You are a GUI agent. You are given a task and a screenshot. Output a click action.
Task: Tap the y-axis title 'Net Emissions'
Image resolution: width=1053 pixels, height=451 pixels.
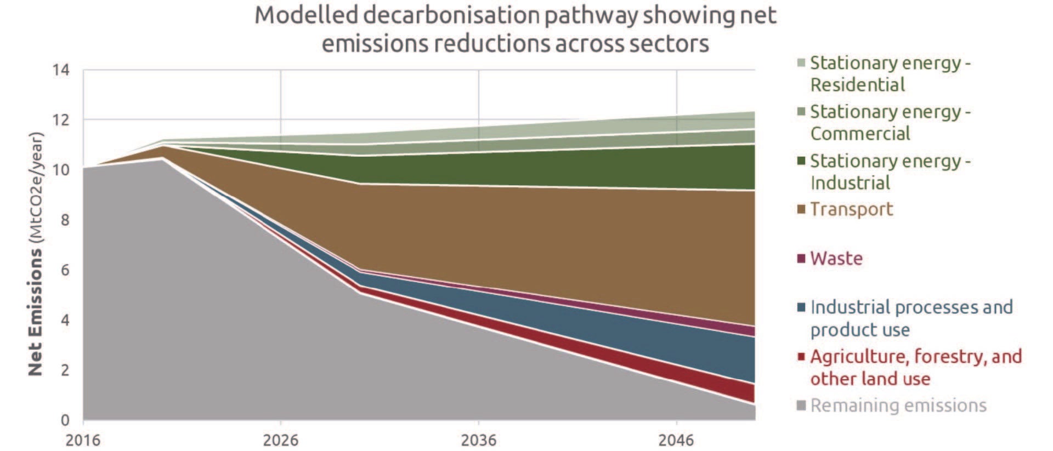[35, 312]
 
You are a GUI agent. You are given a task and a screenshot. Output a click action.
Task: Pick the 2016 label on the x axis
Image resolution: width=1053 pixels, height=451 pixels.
[83, 440]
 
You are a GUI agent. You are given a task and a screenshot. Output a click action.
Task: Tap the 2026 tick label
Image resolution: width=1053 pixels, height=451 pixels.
[280, 440]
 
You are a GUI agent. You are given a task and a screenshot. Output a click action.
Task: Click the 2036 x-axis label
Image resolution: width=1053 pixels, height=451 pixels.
[478, 440]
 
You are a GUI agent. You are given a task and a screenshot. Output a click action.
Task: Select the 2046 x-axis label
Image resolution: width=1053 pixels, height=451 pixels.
[676, 440]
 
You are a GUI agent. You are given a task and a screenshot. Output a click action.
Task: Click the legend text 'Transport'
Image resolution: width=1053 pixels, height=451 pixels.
[851, 209]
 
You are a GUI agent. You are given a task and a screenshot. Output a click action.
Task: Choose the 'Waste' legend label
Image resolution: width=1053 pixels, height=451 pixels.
[836, 258]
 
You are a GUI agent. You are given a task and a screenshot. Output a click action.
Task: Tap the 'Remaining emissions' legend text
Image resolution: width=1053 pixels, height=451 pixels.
[898, 406]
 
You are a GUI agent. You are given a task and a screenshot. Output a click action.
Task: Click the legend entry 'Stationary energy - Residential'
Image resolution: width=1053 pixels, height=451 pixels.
[890, 74]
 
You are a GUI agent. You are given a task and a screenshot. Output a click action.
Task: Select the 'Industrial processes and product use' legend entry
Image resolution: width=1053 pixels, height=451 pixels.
[910, 318]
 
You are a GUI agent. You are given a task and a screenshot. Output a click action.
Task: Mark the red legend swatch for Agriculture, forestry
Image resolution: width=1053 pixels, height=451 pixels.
[801, 357]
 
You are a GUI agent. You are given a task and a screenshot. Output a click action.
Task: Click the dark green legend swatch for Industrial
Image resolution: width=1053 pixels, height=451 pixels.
[801, 161]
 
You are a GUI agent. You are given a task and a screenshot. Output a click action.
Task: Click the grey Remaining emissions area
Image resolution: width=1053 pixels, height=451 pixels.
[219, 329]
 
